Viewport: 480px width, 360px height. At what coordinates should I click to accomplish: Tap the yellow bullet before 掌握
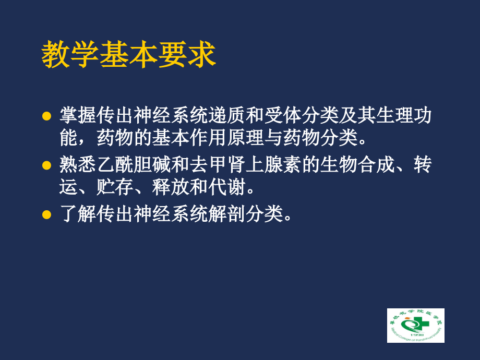47,115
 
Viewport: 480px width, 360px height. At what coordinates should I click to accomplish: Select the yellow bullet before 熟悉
47,165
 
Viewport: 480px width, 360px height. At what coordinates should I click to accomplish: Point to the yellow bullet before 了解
47,214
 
